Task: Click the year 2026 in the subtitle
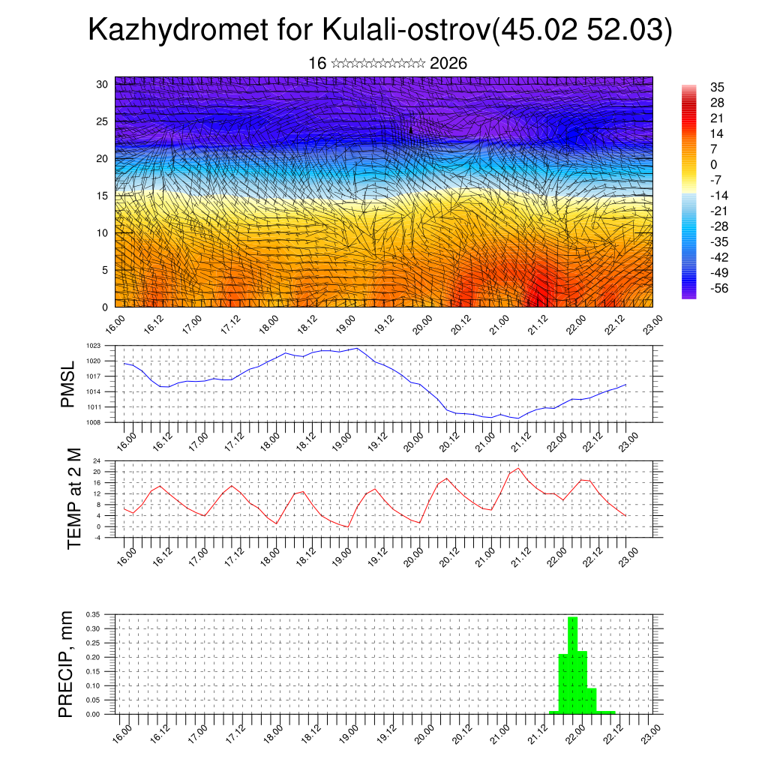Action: pos(448,64)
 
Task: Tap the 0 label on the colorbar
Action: pos(713,164)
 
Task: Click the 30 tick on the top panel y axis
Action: pos(102,84)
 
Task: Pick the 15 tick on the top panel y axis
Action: pos(102,196)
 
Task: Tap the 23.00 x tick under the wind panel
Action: pos(653,325)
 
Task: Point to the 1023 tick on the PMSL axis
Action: pos(93,346)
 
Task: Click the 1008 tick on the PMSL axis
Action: pos(93,422)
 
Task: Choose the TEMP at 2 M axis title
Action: pos(73,498)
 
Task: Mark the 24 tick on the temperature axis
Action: pos(97,460)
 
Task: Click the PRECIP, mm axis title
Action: pos(67,664)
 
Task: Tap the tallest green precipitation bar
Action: pos(573,664)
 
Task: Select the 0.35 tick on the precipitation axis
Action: pos(93,614)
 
